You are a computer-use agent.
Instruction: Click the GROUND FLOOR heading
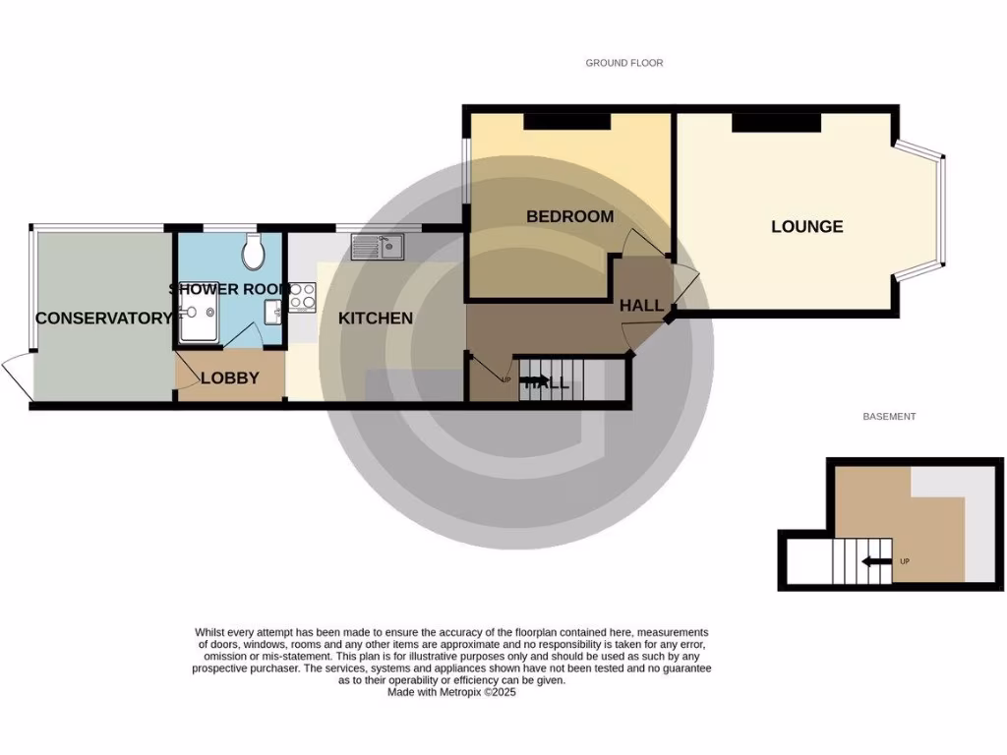(623, 63)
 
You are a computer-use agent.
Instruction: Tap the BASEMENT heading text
(889, 417)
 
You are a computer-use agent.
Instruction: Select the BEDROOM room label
(569, 216)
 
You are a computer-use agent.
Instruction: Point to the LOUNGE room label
(806, 226)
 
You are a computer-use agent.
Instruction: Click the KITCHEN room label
(375, 318)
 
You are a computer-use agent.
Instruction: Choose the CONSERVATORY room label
(103, 318)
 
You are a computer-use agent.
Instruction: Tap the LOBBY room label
(229, 377)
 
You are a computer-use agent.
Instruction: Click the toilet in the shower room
(254, 252)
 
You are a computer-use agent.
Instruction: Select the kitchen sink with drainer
(376, 249)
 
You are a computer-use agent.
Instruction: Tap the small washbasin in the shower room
(272, 312)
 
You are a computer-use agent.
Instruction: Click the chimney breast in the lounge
(776, 121)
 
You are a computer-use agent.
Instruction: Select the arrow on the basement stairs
(871, 562)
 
